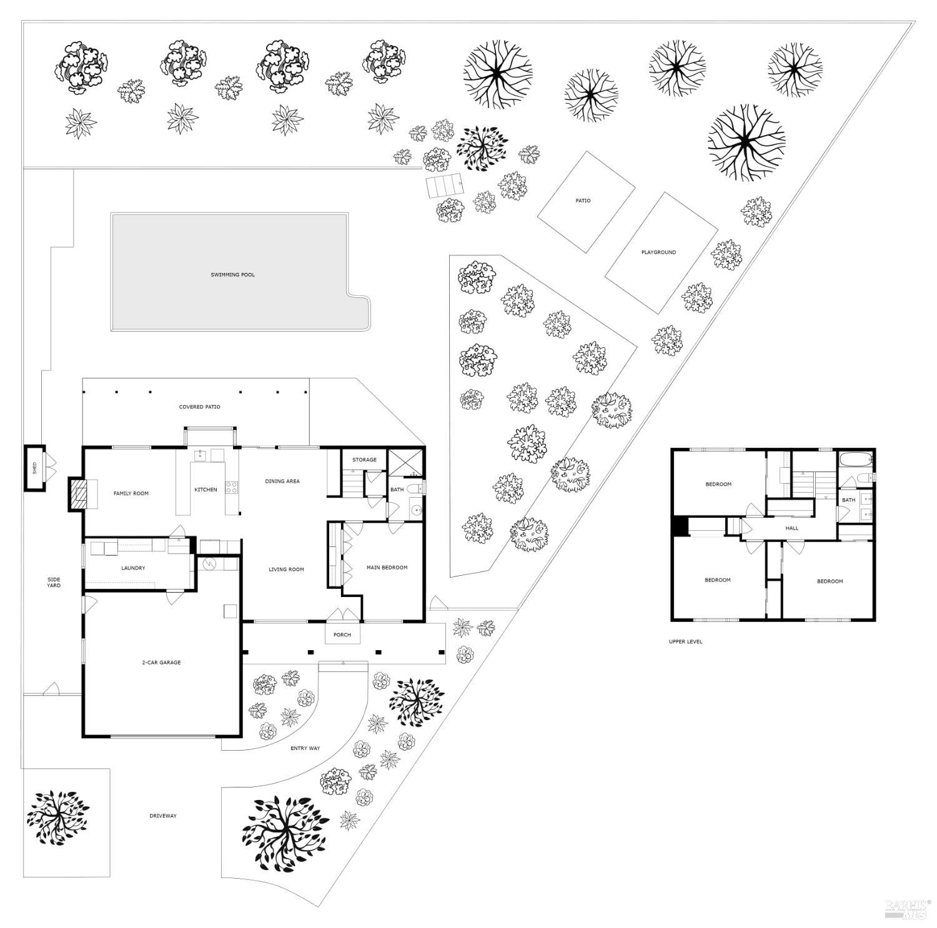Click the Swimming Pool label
point(232,275)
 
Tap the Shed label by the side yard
point(35,467)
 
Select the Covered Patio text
point(199,407)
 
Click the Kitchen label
point(206,490)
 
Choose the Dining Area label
point(282,481)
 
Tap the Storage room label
point(364,460)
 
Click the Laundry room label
point(133,568)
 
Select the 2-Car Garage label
point(161,663)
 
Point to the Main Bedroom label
point(387,568)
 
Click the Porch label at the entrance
point(342,635)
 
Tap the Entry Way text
point(305,748)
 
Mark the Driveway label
point(163,816)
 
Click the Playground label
point(658,252)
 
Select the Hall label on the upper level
point(792,528)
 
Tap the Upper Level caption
point(685,642)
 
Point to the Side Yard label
point(54,583)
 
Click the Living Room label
point(286,570)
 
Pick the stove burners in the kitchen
point(231,487)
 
